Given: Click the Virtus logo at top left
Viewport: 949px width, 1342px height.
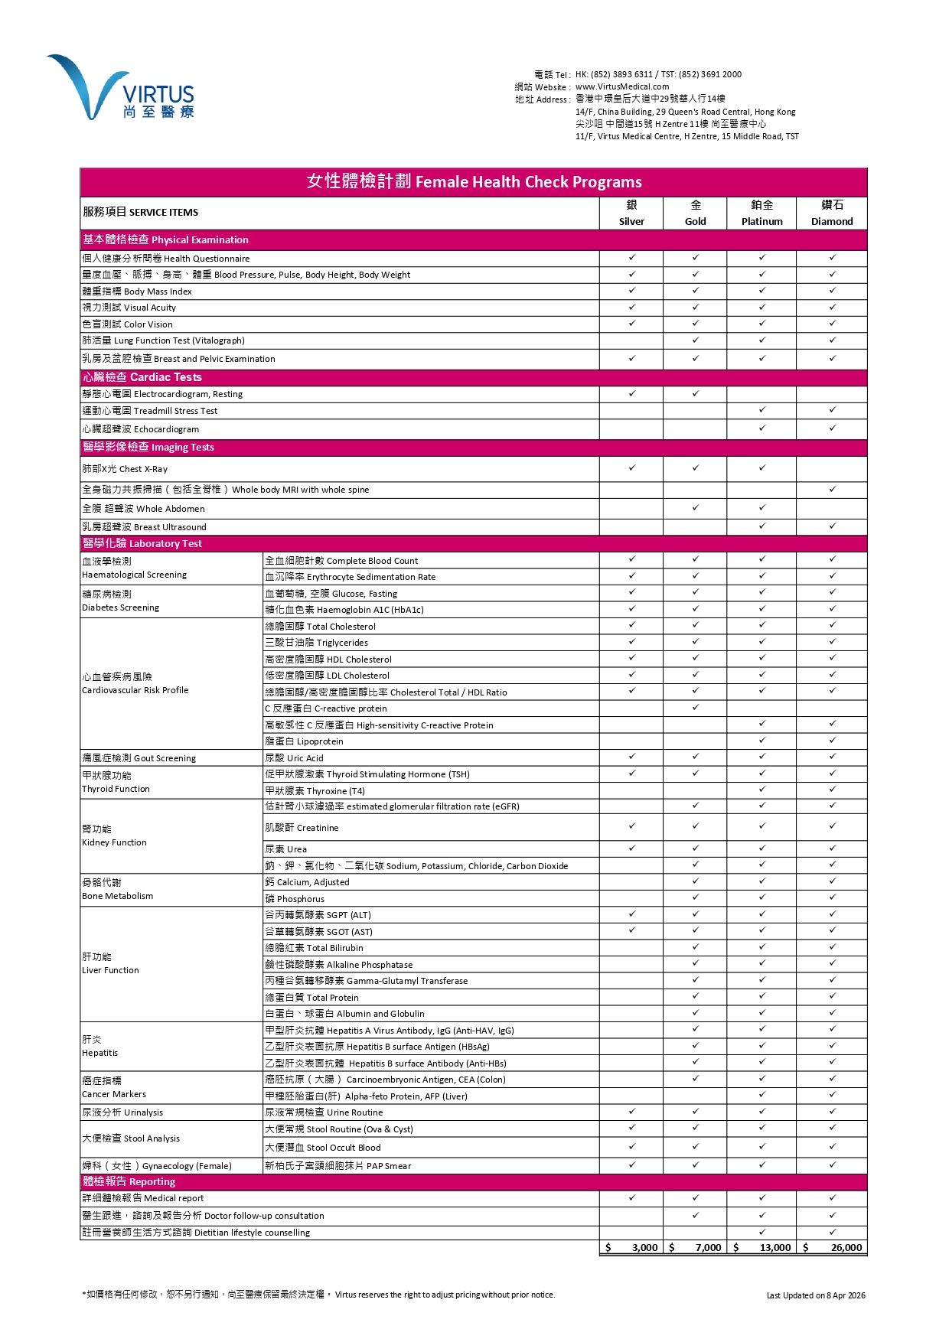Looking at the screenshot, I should point(121,88).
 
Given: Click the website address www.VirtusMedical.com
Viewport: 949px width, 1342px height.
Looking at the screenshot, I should point(621,87).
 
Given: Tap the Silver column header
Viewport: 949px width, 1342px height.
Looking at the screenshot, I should point(631,213).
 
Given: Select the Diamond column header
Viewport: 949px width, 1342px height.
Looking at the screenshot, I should point(832,213).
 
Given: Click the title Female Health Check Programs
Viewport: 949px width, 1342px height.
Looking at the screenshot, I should point(474,182).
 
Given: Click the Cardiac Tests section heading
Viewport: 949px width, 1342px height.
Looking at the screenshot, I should point(142,377).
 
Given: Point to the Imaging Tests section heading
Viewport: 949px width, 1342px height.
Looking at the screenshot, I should point(148,448).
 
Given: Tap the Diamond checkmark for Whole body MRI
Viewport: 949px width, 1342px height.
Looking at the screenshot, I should point(832,489).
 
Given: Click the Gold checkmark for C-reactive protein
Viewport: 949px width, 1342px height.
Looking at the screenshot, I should point(696,708).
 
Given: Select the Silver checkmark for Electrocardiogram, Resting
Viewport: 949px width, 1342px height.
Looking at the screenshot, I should point(632,394).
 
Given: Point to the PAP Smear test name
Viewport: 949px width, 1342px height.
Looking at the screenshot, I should point(338,1166).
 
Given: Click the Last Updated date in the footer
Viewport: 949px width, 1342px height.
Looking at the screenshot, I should point(816,1295).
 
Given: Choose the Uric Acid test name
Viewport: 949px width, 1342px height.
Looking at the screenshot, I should point(294,758).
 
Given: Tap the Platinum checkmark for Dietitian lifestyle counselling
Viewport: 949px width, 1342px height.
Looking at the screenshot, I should point(762,1233).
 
